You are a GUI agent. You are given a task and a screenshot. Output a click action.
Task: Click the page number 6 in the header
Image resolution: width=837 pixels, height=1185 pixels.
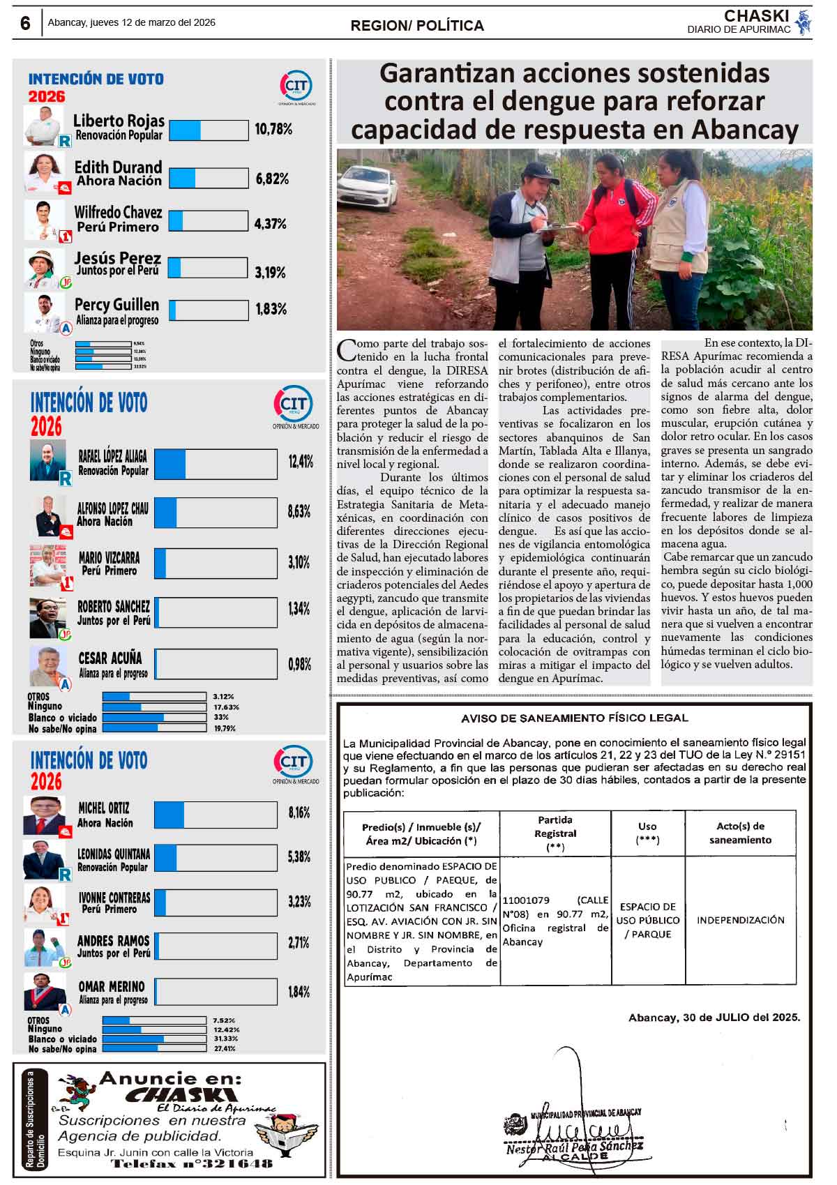point(25,23)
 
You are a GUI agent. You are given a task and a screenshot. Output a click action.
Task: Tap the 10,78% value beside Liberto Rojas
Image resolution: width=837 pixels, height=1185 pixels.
point(273,129)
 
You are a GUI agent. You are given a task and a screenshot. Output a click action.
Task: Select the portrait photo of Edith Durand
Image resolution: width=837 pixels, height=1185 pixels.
point(45,172)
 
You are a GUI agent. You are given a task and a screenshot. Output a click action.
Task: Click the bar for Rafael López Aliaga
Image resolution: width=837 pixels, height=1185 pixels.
point(216,464)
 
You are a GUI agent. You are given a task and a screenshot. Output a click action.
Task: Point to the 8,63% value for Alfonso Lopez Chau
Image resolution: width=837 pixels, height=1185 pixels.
point(299,512)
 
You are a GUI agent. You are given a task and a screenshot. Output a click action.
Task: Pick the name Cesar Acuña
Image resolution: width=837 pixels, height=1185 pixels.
point(110,658)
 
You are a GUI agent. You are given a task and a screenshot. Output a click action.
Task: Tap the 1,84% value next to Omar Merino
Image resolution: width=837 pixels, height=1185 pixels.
point(299,992)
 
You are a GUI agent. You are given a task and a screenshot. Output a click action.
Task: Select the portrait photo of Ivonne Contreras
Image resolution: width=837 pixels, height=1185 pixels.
point(45,904)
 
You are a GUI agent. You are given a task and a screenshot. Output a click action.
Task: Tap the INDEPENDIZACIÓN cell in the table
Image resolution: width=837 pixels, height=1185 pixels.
point(740,920)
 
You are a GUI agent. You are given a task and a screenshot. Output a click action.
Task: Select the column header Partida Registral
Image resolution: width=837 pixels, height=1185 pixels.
point(555,833)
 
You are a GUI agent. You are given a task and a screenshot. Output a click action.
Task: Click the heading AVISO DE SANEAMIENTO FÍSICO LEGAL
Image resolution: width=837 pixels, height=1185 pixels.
point(574,718)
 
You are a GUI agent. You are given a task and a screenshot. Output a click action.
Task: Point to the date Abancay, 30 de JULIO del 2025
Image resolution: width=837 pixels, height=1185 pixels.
point(714,1018)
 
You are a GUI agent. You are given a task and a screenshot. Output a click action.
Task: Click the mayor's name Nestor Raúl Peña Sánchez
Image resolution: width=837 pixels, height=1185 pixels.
point(574,1146)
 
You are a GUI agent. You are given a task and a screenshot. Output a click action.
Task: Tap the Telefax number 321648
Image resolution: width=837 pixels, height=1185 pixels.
point(192,1163)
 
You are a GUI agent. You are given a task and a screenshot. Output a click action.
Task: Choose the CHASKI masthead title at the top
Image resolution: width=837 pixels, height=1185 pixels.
point(756,16)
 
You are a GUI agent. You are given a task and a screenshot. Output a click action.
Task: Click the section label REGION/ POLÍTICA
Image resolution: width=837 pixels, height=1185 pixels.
point(417,26)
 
